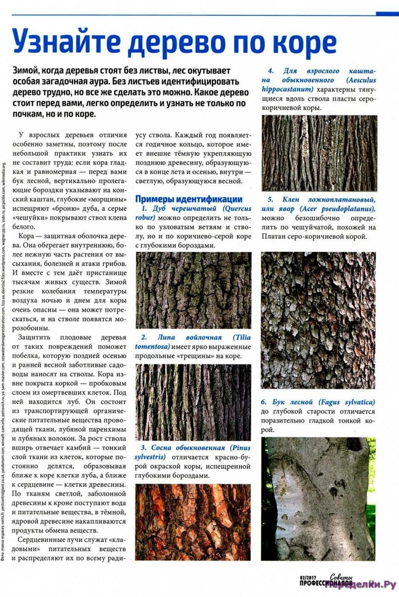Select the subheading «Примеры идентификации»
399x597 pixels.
coord(189,198)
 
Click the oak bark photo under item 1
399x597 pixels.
coord(193,290)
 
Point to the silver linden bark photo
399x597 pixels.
coord(193,402)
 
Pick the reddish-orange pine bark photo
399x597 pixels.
coord(193,522)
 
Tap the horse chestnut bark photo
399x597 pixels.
coord(319,153)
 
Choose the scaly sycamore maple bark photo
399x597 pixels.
coord(318,320)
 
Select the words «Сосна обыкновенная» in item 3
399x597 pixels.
coord(188,448)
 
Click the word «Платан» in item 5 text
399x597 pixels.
coord(274,237)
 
